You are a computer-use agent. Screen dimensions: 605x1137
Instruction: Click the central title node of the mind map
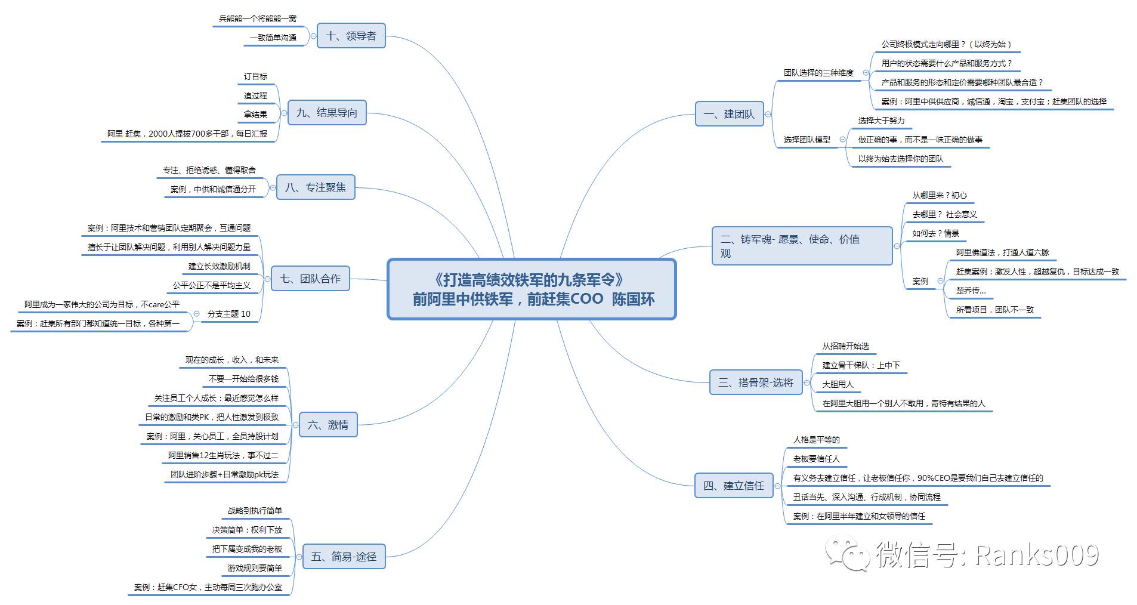pyautogui.click(x=532, y=289)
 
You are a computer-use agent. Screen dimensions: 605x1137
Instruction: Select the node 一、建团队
pyautogui.click(x=729, y=114)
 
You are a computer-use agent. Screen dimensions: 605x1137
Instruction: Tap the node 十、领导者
pyautogui.click(x=351, y=36)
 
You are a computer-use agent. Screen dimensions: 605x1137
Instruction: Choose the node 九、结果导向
pyautogui.click(x=326, y=113)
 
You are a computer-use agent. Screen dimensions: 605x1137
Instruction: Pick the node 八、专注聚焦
pyautogui.click(x=315, y=187)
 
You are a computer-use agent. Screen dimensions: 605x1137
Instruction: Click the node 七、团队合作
pyautogui.click(x=310, y=279)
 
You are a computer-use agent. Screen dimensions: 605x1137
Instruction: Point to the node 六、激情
pyautogui.click(x=327, y=425)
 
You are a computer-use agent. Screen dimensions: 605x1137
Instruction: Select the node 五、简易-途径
pyautogui.click(x=344, y=557)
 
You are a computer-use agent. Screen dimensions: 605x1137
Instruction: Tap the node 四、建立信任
pyautogui.click(x=733, y=486)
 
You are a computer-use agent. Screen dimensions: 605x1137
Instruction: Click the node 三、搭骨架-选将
pyautogui.click(x=756, y=382)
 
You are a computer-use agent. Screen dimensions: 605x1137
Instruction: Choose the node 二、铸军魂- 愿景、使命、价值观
pyautogui.click(x=802, y=246)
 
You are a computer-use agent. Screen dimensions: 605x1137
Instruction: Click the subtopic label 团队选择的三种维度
pyautogui.click(x=818, y=73)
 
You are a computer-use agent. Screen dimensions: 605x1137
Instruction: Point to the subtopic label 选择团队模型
pyautogui.click(x=807, y=140)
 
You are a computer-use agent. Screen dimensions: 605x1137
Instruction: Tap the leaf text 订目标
pyautogui.click(x=255, y=76)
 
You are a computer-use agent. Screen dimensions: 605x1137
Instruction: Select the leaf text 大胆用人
pyautogui.click(x=838, y=384)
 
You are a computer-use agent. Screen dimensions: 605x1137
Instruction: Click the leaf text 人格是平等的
pyautogui.click(x=816, y=440)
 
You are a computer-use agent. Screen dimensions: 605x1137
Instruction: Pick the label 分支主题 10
pyautogui.click(x=228, y=314)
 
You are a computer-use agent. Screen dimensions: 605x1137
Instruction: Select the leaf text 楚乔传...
pyautogui.click(x=971, y=291)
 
